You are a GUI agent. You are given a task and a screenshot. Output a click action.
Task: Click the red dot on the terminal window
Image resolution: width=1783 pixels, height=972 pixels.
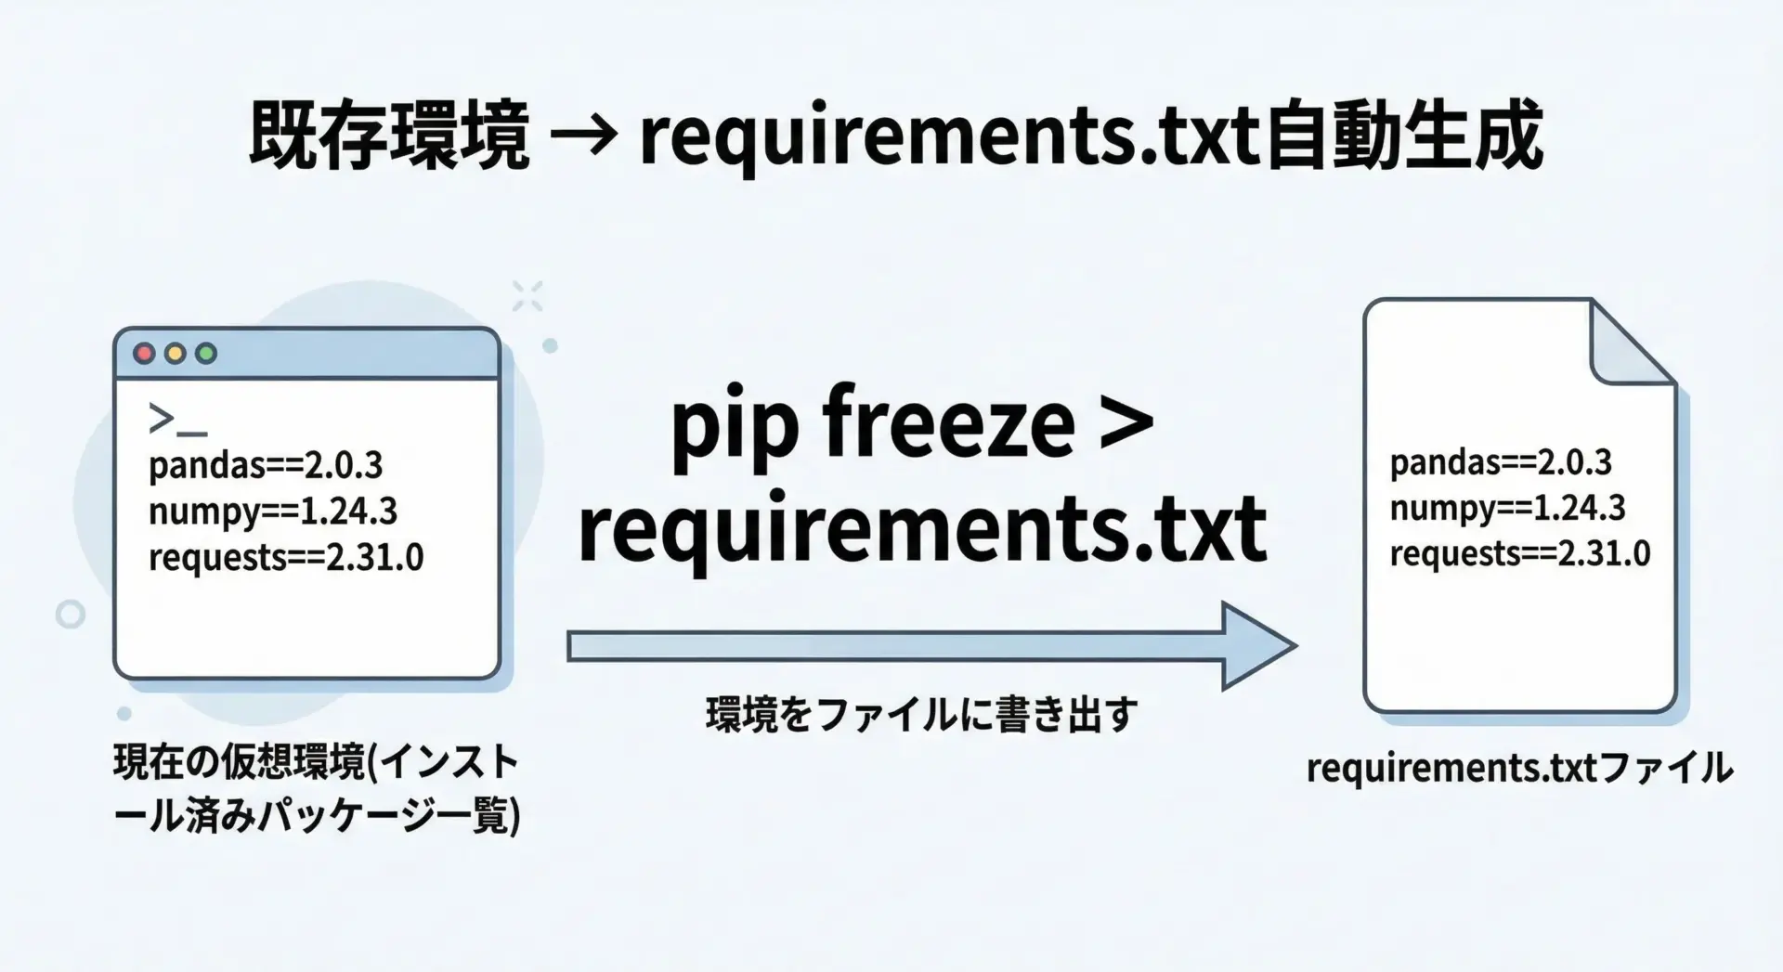pyautogui.click(x=144, y=354)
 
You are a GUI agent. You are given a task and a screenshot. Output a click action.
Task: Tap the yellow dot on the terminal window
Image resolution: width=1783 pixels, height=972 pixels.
pyautogui.click(x=175, y=354)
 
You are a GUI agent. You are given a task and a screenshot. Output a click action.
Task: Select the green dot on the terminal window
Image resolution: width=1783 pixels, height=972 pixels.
pyautogui.click(x=206, y=354)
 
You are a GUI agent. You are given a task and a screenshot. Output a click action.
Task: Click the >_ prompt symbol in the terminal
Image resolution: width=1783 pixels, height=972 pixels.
pyautogui.click(x=176, y=421)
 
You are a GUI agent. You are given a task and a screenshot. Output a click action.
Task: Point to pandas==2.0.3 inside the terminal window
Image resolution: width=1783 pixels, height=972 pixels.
pyautogui.click(x=266, y=465)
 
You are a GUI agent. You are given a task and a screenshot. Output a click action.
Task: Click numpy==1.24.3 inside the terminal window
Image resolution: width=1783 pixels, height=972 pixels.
pyautogui.click(x=273, y=512)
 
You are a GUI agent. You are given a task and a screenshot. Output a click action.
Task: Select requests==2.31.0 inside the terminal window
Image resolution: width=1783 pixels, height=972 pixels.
pyautogui.click(x=286, y=557)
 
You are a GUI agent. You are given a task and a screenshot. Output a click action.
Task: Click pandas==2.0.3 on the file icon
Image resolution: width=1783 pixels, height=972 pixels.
pyautogui.click(x=1501, y=462)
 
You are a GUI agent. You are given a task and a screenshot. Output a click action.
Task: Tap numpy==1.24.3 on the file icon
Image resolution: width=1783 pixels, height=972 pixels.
pyautogui.click(x=1508, y=508)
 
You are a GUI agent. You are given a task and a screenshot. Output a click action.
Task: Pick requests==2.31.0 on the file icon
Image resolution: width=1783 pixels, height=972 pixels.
pyautogui.click(x=1520, y=553)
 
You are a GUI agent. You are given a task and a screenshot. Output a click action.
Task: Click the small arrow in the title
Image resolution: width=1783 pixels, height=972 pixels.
pyautogui.click(x=583, y=137)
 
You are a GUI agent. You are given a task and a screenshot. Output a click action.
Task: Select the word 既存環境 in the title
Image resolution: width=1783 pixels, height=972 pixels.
pyautogui.click(x=389, y=136)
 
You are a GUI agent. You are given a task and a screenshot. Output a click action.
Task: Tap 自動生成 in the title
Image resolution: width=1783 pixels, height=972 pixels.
pyautogui.click(x=1403, y=136)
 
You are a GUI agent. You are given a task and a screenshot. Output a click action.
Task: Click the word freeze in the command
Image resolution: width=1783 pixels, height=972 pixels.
pyautogui.click(x=948, y=424)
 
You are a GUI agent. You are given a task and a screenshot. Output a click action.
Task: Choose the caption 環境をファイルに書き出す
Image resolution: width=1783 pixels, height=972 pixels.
pyautogui.click(x=921, y=715)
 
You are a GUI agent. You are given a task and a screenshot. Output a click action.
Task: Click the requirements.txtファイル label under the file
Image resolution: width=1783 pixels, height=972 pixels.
pyautogui.click(x=1519, y=768)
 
